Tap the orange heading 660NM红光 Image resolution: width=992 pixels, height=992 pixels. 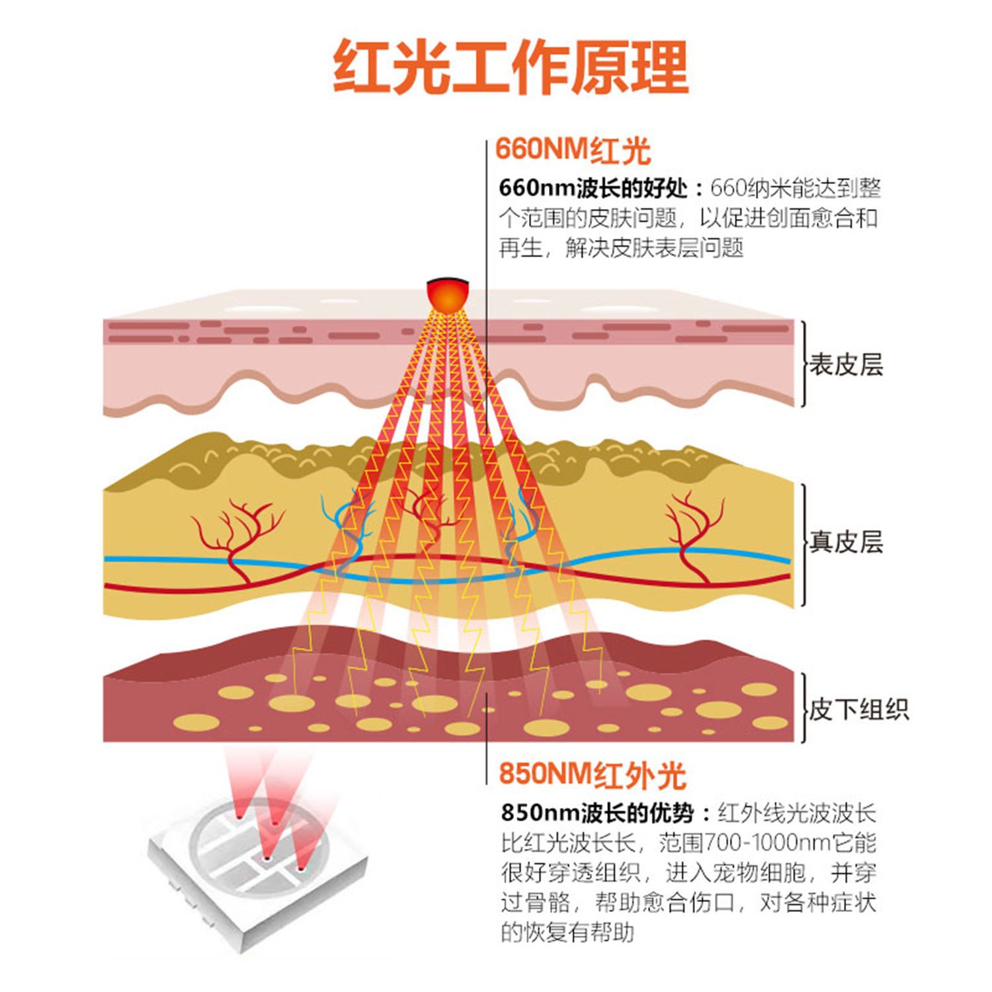573,151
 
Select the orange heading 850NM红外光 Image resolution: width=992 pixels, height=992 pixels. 592,774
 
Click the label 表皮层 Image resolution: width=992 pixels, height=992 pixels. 847,364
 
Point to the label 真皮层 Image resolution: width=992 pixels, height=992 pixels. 847,542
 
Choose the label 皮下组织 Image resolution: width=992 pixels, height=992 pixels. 859,710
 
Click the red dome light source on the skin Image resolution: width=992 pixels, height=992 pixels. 448,294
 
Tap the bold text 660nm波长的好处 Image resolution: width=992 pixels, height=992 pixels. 593,188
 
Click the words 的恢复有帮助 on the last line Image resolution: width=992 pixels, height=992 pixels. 567,932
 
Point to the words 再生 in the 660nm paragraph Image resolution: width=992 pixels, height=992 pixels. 521,248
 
